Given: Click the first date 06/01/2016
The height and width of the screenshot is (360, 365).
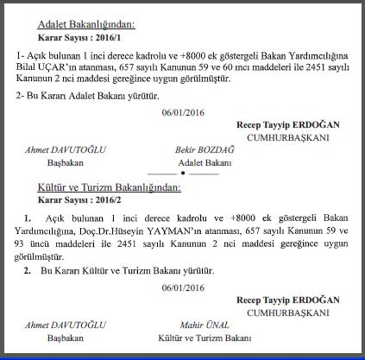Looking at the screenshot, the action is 182,113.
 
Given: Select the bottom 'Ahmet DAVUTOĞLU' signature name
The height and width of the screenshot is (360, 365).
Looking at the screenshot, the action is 65,324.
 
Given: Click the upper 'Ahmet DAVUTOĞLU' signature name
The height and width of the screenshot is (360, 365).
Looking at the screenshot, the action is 65,149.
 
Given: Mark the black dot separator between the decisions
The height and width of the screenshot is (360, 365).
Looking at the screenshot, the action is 182,174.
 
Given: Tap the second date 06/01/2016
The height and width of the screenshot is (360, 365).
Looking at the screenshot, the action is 182,287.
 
